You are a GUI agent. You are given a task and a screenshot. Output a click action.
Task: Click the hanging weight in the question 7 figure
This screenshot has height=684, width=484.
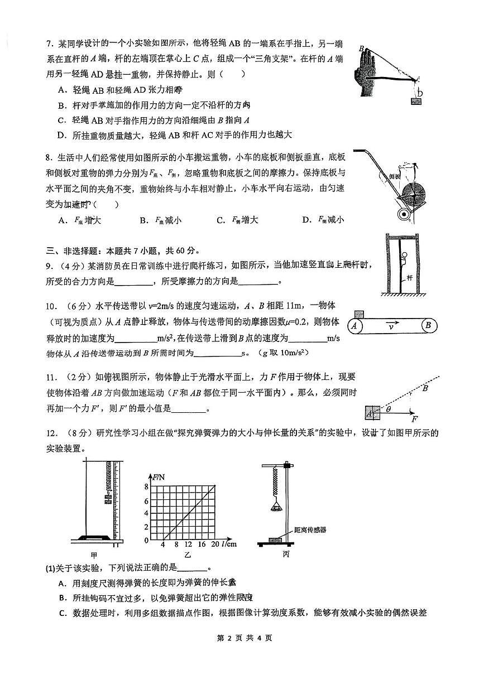coord(415,101)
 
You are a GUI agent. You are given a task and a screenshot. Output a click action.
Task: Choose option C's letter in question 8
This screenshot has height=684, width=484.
coord(221,220)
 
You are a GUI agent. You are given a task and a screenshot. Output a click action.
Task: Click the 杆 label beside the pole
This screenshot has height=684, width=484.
coord(409,277)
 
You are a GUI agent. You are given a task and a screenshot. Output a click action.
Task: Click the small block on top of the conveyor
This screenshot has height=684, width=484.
coord(358,314)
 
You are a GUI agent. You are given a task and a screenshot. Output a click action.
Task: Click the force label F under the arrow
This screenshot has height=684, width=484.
coord(414,419)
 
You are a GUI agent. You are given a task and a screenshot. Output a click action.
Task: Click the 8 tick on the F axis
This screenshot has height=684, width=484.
coord(147,487)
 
